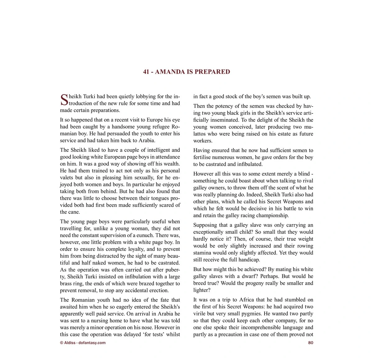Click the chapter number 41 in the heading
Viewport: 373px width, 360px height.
146,72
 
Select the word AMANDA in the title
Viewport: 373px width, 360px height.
170,72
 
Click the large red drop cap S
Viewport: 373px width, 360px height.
64,100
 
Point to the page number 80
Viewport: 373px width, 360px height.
311,343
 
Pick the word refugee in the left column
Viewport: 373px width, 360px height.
156,127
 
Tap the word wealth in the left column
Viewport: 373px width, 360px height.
171,164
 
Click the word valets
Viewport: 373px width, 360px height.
67,178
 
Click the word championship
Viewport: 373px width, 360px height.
271,215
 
